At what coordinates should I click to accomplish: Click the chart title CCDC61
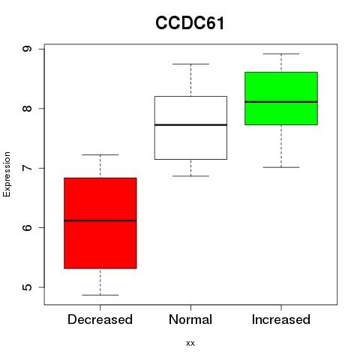190,23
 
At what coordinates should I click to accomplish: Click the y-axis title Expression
7,174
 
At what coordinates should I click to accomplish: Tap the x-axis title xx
190,343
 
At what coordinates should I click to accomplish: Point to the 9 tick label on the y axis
27,49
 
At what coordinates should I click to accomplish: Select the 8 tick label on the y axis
27,108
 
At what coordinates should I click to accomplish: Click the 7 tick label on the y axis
27,168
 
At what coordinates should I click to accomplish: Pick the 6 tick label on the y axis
27,227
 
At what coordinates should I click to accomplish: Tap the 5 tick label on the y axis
27,287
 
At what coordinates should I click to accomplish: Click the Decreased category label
100,319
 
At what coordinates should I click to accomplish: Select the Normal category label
190,319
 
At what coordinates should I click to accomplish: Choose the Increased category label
281,319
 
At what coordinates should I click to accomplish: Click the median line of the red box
100,220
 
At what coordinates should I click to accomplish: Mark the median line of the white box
190,124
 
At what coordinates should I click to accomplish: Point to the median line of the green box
281,102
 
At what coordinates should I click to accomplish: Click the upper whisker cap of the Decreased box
100,154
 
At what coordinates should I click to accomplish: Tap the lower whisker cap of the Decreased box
100,295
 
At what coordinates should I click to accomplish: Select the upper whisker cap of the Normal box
190,64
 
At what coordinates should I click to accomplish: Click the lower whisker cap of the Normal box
190,176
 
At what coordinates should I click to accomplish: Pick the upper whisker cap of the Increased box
281,54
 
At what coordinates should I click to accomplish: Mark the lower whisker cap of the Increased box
281,167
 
